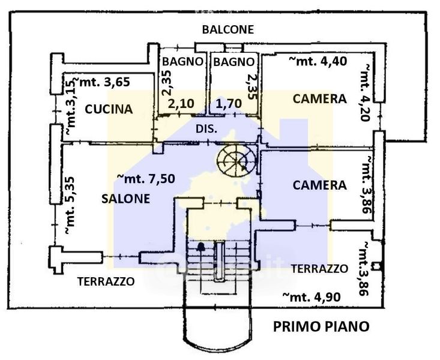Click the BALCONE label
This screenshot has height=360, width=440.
tap(228, 29)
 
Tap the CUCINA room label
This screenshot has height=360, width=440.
tap(109, 109)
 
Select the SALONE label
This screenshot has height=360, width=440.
tap(125, 199)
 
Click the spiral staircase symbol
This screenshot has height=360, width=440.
tap(237, 160)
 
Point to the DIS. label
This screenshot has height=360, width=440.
tap(206, 129)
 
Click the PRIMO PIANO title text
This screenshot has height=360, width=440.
tap(321, 326)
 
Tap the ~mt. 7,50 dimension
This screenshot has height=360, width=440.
tap(146, 178)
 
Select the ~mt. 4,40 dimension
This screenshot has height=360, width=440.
tap(318, 61)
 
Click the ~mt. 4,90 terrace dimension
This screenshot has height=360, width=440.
tap(312, 296)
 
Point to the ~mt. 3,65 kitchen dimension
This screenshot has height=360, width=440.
tap(101, 82)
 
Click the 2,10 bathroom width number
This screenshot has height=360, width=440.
tap(181, 104)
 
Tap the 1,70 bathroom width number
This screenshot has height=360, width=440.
tap(229, 104)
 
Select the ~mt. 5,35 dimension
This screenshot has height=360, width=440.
tap(70, 205)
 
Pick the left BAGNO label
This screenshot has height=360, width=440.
tap(182, 62)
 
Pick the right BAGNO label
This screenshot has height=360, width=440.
tap(234, 62)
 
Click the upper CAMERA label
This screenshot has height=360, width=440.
tap(319, 99)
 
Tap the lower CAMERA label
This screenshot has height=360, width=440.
tap(319, 185)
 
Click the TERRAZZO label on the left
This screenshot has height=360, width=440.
tap(106, 281)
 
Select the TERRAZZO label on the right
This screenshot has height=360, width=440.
tap(319, 269)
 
